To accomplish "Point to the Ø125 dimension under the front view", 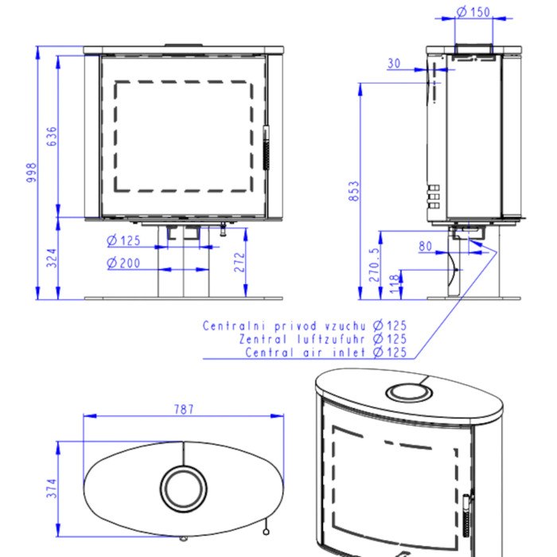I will pos(123,240).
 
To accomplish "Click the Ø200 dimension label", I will pos(123,263).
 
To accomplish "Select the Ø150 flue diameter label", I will pos(474,12).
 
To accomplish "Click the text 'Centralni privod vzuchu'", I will pos(284,326).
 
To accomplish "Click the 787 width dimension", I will pos(184,410).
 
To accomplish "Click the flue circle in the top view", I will pos(184,485).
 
